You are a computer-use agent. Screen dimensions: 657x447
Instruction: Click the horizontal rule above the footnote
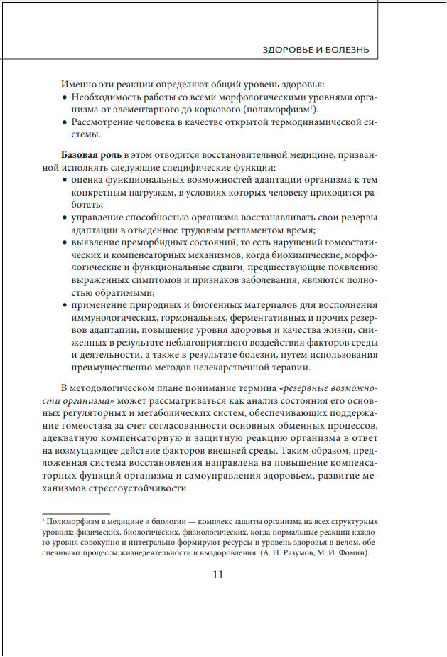(76, 513)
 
